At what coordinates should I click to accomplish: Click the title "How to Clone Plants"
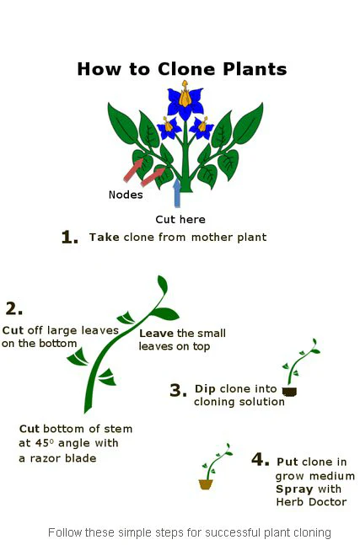pyautogui.click(x=181, y=69)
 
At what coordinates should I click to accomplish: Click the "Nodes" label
pyautogui.click(x=126, y=195)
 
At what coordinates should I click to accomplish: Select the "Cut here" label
pyautogui.click(x=180, y=219)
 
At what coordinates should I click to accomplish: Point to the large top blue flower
pyautogui.click(x=185, y=102)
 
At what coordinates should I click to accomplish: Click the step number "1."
pyautogui.click(x=70, y=238)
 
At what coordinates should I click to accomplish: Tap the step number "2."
pyautogui.click(x=13, y=308)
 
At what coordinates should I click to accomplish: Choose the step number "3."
pyautogui.click(x=177, y=390)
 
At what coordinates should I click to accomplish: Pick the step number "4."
pyautogui.click(x=261, y=460)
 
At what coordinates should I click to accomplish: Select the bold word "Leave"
pyautogui.click(x=156, y=333)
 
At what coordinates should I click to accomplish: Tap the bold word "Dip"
pyautogui.click(x=205, y=388)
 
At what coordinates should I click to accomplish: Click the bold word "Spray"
pyautogui.click(x=293, y=489)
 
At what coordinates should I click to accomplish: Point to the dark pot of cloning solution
pyautogui.click(x=289, y=391)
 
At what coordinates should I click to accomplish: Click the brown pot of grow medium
pyautogui.click(x=206, y=484)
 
